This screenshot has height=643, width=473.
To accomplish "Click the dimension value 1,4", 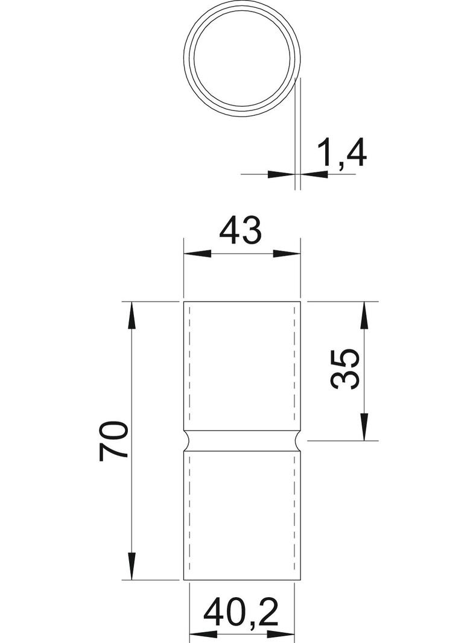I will [x=341, y=153].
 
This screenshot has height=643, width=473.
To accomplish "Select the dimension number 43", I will [x=241, y=231].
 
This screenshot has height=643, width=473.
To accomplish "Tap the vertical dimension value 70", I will [x=115, y=440].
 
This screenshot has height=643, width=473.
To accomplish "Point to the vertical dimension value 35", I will [x=346, y=370].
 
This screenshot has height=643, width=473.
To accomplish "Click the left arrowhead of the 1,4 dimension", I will [x=280, y=174].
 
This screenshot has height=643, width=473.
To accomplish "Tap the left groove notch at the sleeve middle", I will [x=187, y=441].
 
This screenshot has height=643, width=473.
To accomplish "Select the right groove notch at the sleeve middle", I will [x=297, y=441].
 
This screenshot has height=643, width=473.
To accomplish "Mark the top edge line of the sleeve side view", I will [x=242, y=300].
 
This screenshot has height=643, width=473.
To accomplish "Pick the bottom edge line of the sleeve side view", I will [x=242, y=580].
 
